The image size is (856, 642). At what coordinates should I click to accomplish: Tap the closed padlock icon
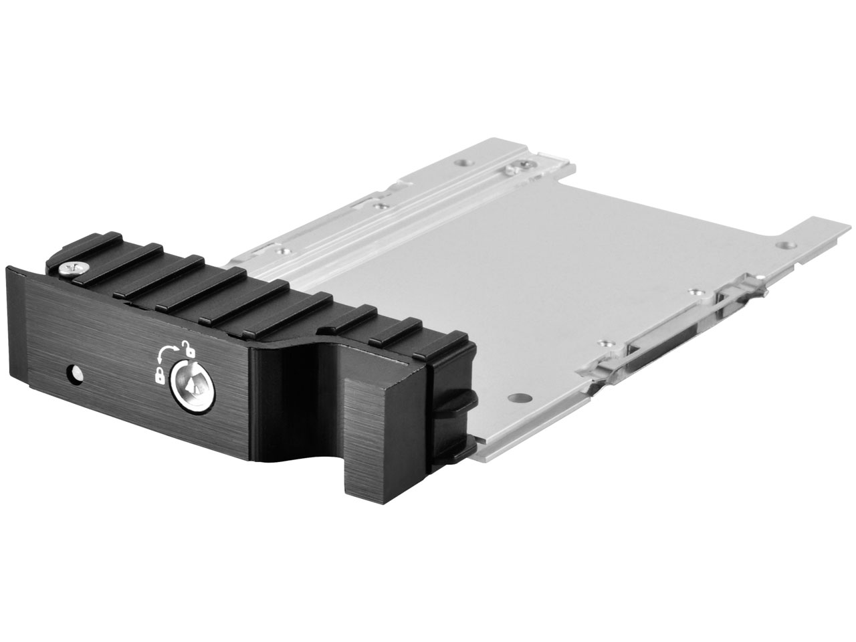click(x=160, y=377)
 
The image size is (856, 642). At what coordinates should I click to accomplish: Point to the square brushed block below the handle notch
click(x=374, y=428)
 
